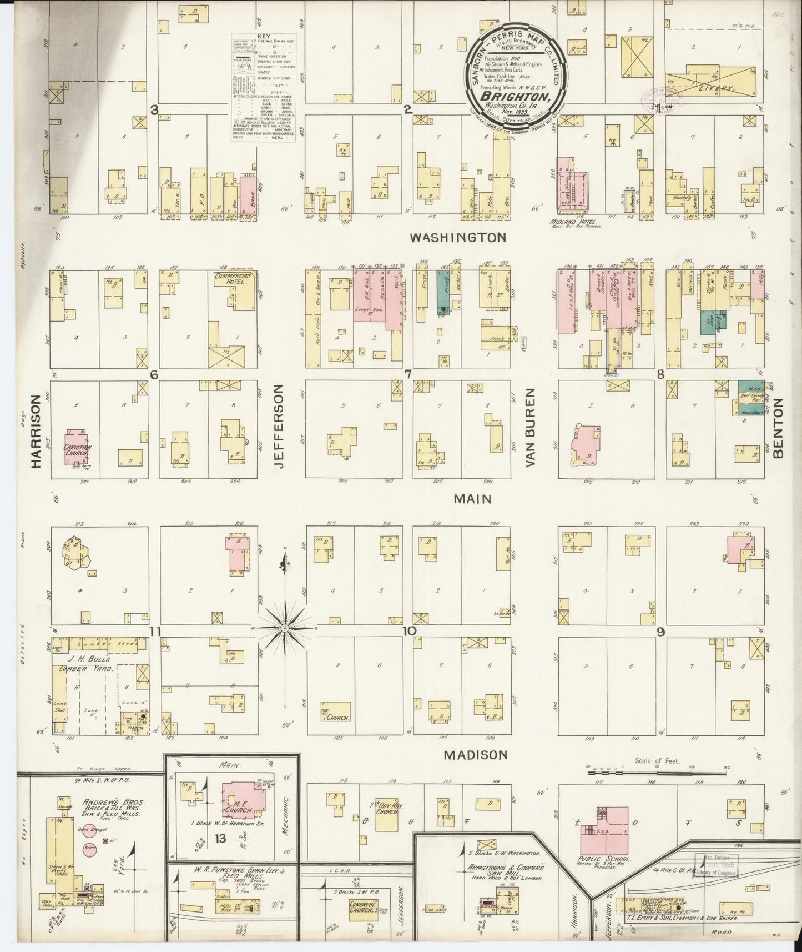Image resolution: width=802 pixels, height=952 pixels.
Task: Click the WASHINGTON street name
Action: (458, 238)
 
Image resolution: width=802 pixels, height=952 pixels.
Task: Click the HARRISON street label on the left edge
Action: (37, 431)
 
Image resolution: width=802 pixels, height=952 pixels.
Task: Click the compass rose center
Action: (285, 628)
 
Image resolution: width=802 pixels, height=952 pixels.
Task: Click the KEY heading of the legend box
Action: (263, 37)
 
